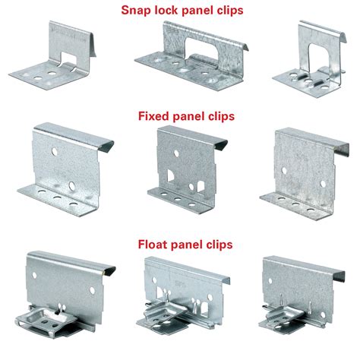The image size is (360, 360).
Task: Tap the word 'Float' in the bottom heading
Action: pos(154,245)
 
